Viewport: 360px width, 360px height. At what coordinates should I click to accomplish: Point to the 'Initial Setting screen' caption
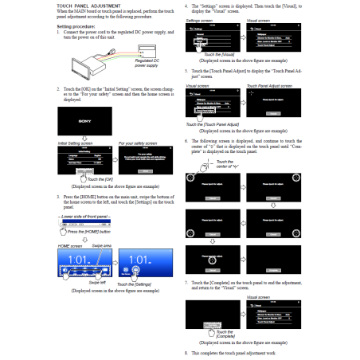click(77, 143)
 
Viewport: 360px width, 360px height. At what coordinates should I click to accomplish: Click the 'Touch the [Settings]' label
click(139, 284)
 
